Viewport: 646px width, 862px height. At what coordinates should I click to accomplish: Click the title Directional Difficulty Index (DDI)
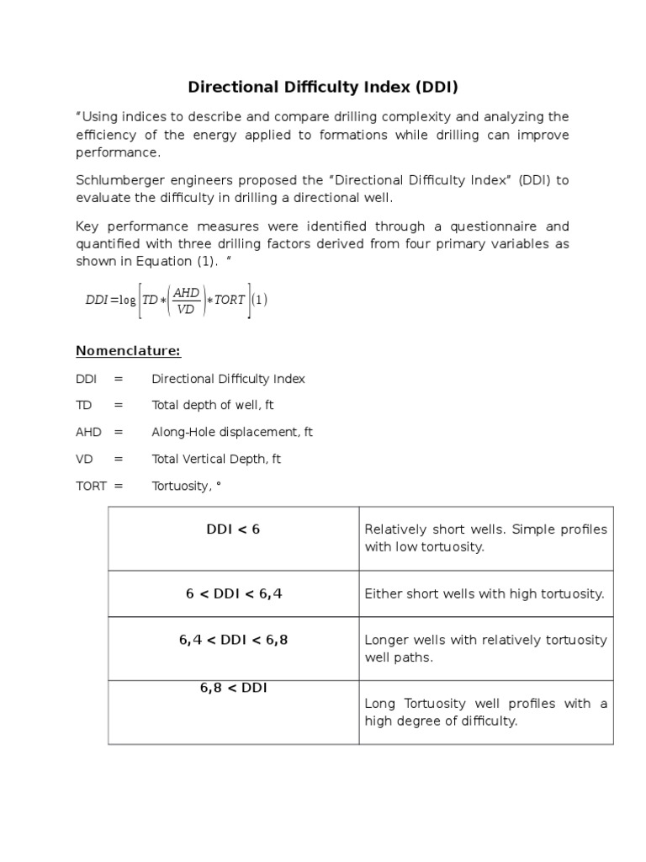click(x=322, y=87)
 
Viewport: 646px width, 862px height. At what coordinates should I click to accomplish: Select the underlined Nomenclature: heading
click(x=128, y=350)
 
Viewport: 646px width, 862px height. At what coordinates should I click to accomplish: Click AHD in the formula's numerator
click(x=186, y=291)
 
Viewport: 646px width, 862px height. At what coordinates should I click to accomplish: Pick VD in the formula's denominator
click(x=186, y=309)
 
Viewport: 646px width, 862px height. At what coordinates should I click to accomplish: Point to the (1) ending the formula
click(x=260, y=300)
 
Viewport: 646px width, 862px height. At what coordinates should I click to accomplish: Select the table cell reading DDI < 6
click(x=233, y=529)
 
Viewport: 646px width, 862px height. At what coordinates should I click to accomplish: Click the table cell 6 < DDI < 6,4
click(x=233, y=593)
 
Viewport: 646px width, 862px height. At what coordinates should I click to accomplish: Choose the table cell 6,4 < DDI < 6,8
click(x=233, y=640)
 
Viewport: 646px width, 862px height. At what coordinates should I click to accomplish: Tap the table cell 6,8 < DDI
click(x=233, y=688)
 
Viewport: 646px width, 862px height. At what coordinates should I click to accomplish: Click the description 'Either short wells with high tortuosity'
click(x=484, y=593)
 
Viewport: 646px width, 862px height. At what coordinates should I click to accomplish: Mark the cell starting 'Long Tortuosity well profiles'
click(x=485, y=712)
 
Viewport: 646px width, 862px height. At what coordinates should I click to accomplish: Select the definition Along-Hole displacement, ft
click(x=231, y=432)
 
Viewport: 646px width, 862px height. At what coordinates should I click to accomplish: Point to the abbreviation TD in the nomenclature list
click(x=83, y=405)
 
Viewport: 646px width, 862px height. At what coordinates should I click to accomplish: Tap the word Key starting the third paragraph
click(x=87, y=226)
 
